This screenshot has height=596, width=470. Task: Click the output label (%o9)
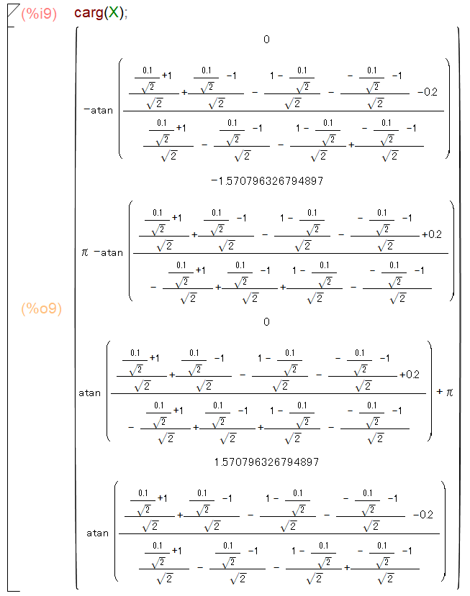[x=41, y=308]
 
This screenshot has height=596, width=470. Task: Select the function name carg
[x=89, y=14]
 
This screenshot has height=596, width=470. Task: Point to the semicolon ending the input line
[x=126, y=14]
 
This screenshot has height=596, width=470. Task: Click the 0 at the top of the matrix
[x=266, y=39]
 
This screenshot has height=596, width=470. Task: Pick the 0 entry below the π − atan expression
[x=266, y=322]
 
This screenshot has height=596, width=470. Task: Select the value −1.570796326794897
[x=266, y=180]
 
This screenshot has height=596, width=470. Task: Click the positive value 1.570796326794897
[x=266, y=462]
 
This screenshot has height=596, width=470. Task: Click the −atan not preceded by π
[x=98, y=110]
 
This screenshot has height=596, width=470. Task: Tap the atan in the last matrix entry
[x=97, y=533]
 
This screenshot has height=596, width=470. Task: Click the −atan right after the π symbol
[x=108, y=252]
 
